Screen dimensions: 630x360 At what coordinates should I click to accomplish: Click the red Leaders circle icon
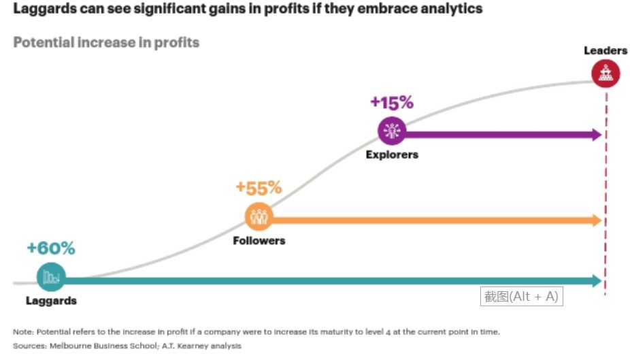(606, 73)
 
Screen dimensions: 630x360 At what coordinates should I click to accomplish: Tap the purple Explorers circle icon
(392, 131)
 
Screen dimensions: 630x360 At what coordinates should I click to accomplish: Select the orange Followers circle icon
(259, 216)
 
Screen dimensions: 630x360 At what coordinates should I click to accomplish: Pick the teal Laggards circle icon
(51, 277)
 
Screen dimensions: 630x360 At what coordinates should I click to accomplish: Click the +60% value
(51, 248)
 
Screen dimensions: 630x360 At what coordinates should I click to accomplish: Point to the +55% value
(259, 187)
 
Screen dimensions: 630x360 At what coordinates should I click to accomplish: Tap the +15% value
(392, 103)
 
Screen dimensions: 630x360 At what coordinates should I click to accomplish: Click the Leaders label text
(606, 50)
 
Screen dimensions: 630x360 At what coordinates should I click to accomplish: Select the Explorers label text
(392, 154)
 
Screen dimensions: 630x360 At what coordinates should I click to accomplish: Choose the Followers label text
(259, 241)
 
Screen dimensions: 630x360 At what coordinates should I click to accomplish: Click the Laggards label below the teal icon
(51, 301)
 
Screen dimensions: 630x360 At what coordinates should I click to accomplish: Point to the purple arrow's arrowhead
(597, 135)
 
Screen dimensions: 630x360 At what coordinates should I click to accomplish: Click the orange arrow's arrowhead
(597, 220)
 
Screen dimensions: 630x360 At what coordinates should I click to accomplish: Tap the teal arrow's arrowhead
(597, 280)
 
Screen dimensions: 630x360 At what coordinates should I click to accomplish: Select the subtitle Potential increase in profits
(106, 42)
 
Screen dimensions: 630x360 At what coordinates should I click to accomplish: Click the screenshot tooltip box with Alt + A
(522, 297)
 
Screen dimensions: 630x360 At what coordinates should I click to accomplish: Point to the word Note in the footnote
(23, 332)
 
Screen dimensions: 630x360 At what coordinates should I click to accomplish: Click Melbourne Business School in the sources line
(103, 346)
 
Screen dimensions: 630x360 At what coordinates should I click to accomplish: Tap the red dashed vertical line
(606, 194)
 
